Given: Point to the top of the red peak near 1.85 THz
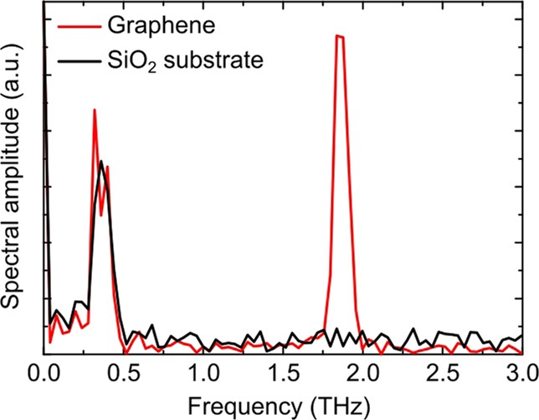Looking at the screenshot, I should (339, 36).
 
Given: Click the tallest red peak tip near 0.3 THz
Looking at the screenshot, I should (94, 110).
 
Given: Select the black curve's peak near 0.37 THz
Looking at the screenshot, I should (101, 161).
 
